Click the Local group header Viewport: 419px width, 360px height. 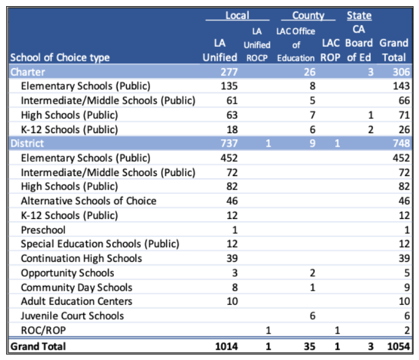click(236, 15)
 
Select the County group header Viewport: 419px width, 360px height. click(308, 15)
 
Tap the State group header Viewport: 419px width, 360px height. click(359, 15)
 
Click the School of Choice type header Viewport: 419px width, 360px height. click(60, 58)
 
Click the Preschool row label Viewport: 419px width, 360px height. click(43, 230)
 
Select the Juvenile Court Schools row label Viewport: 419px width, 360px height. click(72, 316)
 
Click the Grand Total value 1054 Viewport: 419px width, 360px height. click(397, 347)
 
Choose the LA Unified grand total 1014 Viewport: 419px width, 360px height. click(225, 347)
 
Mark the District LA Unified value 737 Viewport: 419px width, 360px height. click(228, 144)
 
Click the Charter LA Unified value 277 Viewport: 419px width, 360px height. click(228, 72)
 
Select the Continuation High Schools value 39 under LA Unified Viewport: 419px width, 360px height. click(232, 258)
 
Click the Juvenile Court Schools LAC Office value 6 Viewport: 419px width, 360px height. click(313, 316)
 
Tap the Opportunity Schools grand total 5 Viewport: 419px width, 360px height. click(405, 273)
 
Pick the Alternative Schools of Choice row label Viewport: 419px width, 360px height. click(88, 201)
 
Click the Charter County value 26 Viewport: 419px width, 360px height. click(310, 72)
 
